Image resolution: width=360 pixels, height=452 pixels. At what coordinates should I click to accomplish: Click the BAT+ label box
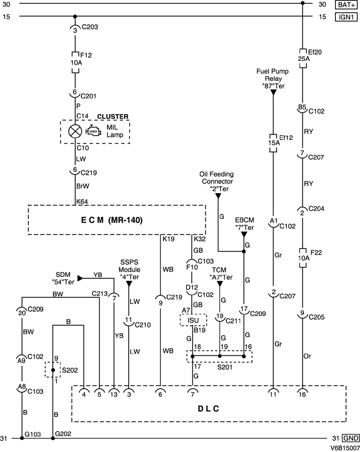point(345,5)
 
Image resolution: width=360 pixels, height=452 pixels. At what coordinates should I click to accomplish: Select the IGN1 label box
point(345,17)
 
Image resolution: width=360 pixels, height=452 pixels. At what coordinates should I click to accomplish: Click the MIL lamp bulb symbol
point(75,132)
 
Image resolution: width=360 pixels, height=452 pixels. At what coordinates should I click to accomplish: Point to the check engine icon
point(94,131)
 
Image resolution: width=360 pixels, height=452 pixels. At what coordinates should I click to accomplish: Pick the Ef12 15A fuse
point(273,140)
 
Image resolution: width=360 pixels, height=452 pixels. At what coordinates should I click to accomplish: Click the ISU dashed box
point(192,320)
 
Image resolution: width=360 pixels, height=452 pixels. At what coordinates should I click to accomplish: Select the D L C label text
point(208,409)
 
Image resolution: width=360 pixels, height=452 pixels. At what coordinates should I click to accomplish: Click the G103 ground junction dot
point(21,438)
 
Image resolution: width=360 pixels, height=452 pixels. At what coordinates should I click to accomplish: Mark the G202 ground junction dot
point(52,438)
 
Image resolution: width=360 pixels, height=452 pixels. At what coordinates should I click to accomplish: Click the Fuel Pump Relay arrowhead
point(273,92)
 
